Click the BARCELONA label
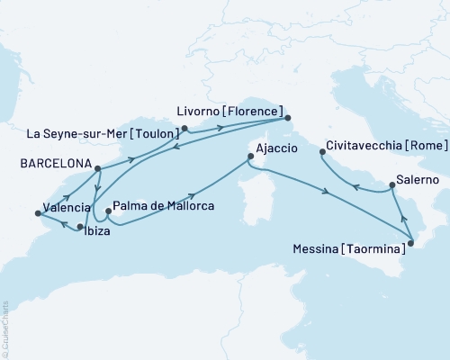[x=46, y=164]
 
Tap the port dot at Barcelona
[x=96, y=167]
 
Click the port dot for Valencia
[x=38, y=213]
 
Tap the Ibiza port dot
[x=80, y=227]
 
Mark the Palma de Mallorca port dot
[x=108, y=213]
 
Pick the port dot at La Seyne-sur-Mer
[x=184, y=129]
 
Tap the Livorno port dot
[x=287, y=118]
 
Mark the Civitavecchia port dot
[x=322, y=152]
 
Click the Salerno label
[x=417, y=180]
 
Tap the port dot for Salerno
[x=391, y=186]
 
